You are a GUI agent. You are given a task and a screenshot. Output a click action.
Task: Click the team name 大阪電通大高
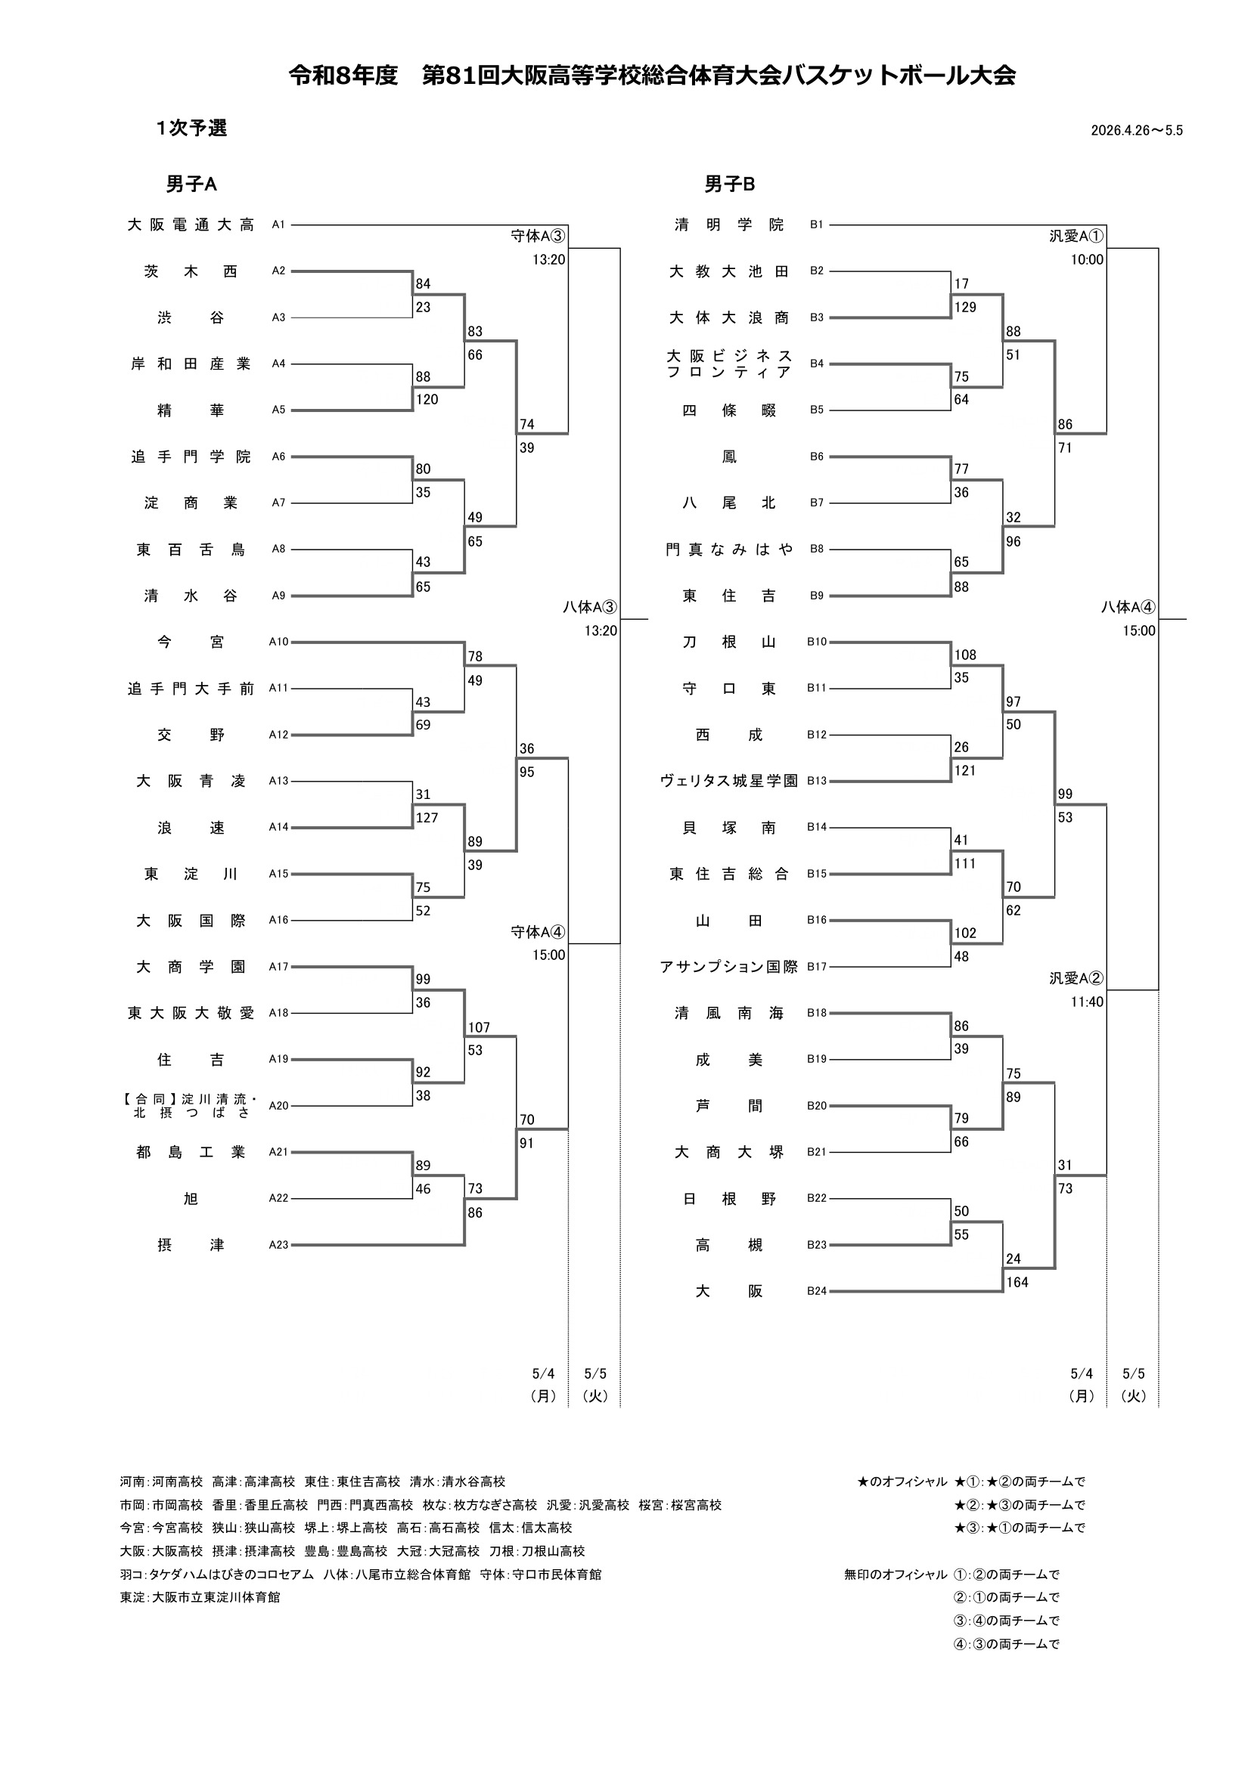click(x=191, y=224)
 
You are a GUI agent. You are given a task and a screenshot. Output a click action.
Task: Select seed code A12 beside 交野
click(x=278, y=735)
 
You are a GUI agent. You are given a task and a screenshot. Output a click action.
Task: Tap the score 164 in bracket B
click(x=1017, y=1282)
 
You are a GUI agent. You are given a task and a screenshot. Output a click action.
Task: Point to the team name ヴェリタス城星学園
click(x=728, y=781)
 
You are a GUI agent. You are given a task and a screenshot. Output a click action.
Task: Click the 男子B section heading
click(x=729, y=184)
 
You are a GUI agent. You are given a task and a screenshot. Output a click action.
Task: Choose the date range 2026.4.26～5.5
click(x=1136, y=130)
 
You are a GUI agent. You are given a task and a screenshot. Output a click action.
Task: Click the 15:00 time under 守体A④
click(x=548, y=955)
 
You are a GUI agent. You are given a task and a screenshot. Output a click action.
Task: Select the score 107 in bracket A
click(x=478, y=1027)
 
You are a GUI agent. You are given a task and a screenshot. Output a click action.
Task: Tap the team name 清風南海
click(x=728, y=1013)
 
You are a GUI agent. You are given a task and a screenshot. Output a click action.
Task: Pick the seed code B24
click(x=817, y=1290)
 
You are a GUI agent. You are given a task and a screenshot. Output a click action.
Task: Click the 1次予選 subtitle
click(x=191, y=128)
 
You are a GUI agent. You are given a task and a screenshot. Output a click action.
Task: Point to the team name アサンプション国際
click(x=728, y=967)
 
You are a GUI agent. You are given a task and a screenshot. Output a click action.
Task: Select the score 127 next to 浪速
click(x=427, y=818)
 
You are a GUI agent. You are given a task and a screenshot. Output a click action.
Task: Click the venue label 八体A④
click(x=1128, y=607)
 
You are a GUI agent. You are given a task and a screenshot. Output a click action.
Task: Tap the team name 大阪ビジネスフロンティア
click(x=728, y=364)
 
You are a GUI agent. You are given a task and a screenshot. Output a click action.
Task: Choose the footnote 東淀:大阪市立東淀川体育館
click(x=200, y=1597)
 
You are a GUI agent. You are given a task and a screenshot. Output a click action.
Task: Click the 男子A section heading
click(x=191, y=184)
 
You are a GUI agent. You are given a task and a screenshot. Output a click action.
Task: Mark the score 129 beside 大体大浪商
click(x=965, y=307)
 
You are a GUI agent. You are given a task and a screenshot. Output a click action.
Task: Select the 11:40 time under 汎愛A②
click(x=1087, y=1002)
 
